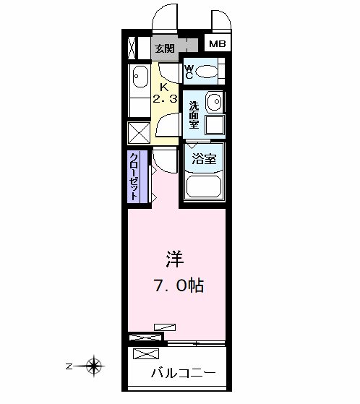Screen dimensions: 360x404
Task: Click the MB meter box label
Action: click(x=218, y=44)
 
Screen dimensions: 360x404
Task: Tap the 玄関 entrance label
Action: click(x=165, y=48)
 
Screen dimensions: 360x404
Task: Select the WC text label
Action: click(x=189, y=72)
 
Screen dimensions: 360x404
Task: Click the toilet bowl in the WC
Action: click(x=207, y=72)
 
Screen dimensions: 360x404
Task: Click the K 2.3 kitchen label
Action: click(x=165, y=93)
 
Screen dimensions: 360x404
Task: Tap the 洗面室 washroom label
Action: click(x=194, y=115)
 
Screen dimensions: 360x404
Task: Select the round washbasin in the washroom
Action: click(x=215, y=101)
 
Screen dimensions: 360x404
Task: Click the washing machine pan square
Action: click(x=215, y=125)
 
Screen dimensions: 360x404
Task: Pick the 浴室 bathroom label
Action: click(x=204, y=159)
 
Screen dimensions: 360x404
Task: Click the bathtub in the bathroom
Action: click(x=204, y=187)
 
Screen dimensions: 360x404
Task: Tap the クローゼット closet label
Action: click(x=134, y=177)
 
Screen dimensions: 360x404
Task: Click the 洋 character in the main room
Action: click(x=175, y=259)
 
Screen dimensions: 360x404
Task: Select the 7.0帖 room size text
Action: click(x=179, y=285)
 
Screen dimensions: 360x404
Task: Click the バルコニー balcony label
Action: click(x=183, y=374)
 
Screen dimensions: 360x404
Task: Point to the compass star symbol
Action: click(x=93, y=366)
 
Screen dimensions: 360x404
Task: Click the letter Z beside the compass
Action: click(x=69, y=366)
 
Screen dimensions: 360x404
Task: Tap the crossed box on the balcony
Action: click(x=146, y=353)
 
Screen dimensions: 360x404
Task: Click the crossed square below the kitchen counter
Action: click(x=139, y=133)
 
